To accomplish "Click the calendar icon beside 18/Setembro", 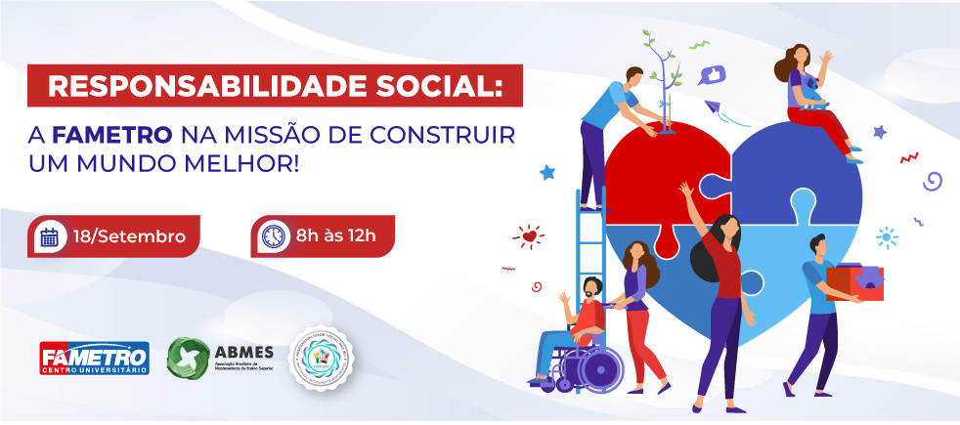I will coord(50,236).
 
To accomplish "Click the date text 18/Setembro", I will coord(129,236).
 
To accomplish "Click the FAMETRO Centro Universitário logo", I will coord(94,358).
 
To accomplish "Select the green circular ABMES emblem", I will coord(188,358).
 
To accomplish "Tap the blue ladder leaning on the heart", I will coord(590,254).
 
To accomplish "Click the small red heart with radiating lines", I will coord(529,235).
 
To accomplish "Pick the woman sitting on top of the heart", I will coord(813,98).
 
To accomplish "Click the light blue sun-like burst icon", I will coord(887,236).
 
